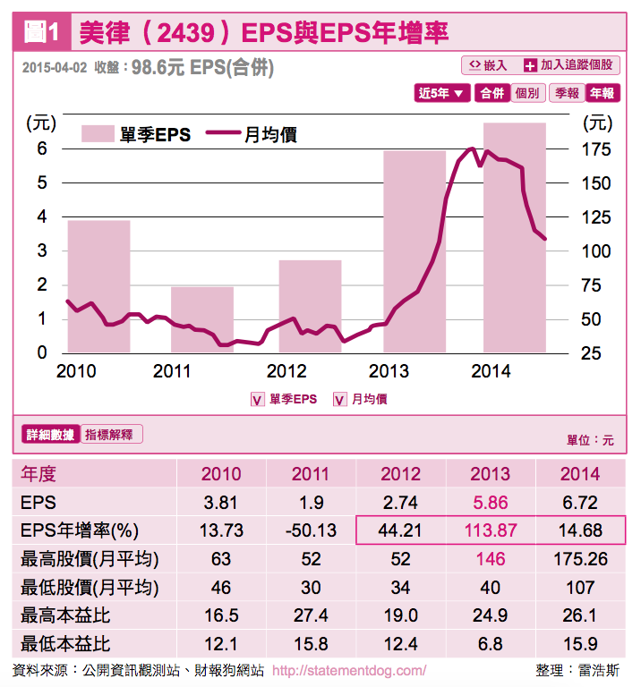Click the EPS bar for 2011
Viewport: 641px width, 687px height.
click(202, 319)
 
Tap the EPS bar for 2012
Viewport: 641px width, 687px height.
click(309, 306)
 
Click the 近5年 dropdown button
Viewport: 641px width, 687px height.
click(443, 93)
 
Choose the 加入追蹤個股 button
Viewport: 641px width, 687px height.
click(569, 65)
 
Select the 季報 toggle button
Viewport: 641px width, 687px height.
click(567, 93)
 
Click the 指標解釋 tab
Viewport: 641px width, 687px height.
click(111, 435)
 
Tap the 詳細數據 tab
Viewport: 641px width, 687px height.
click(50, 435)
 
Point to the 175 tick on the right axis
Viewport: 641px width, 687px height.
click(597, 149)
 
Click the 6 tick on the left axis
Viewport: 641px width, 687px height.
click(42, 149)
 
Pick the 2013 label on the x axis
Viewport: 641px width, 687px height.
click(389, 371)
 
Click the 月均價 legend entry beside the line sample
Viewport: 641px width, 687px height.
click(269, 135)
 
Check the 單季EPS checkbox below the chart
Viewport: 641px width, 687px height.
click(257, 400)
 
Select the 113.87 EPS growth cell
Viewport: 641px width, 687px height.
click(490, 530)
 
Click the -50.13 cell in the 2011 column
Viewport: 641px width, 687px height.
click(311, 530)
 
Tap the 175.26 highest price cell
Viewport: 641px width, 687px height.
click(579, 559)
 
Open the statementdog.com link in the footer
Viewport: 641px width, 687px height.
click(348, 670)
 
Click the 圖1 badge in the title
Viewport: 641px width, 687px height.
click(42, 33)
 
